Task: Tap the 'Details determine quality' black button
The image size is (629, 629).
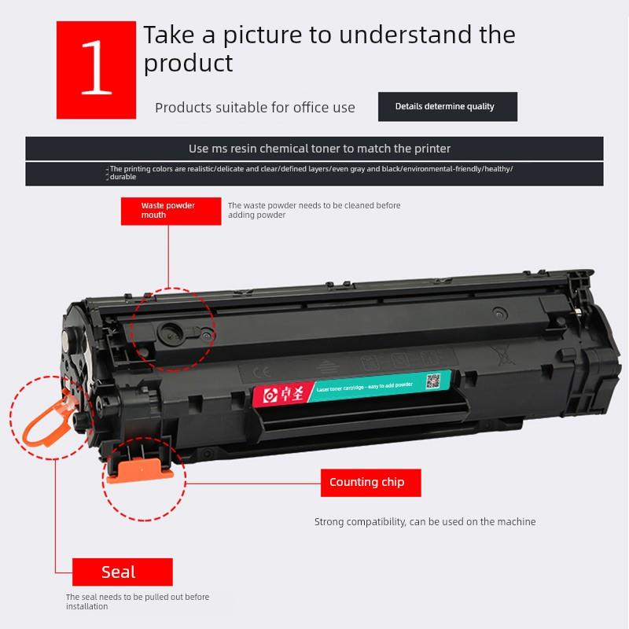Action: click(x=447, y=107)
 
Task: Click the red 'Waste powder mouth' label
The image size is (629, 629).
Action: click(x=167, y=210)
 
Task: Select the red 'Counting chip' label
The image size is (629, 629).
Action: click(x=370, y=483)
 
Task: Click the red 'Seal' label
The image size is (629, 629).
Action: click(x=122, y=572)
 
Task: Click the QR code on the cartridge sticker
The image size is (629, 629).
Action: click(x=432, y=381)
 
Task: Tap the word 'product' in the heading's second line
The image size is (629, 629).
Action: click(x=188, y=63)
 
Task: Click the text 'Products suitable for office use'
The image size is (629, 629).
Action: click(x=255, y=108)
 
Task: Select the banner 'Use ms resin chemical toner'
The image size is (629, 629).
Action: click(x=319, y=149)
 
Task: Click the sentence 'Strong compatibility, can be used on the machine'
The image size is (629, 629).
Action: click(x=425, y=521)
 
